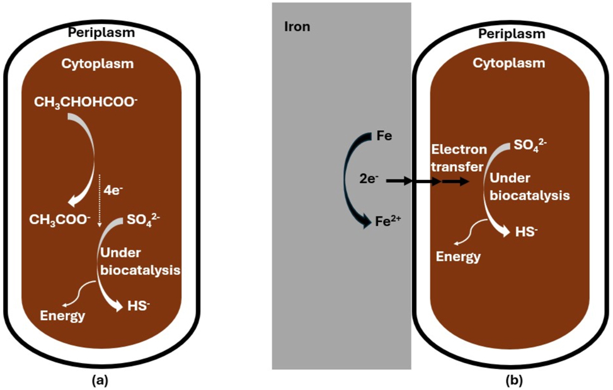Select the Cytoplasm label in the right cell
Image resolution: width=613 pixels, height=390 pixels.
click(x=510, y=64)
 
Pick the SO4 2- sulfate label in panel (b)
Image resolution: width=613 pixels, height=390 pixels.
click(x=530, y=145)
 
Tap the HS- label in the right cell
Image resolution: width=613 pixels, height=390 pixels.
click(x=527, y=231)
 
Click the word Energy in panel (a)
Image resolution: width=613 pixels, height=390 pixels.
click(x=62, y=316)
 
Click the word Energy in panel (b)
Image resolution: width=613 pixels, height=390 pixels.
click(x=459, y=257)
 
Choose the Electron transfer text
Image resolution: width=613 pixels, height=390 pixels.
click(x=459, y=158)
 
